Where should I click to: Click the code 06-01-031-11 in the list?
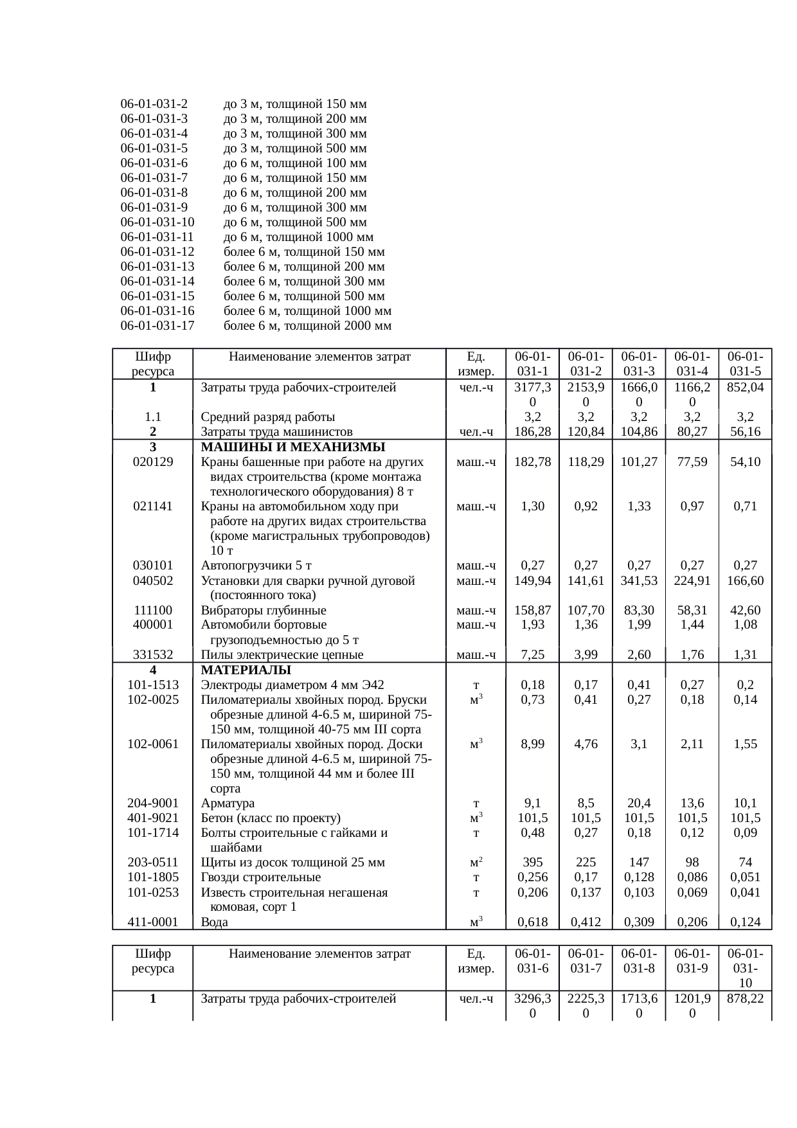point(157,237)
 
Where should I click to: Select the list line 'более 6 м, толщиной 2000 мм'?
point(307,326)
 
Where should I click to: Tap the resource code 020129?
point(152,462)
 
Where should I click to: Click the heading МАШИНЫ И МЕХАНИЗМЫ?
point(293,447)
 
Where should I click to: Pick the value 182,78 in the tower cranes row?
point(533,462)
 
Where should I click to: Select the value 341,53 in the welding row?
point(639,581)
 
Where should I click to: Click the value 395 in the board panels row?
point(533,863)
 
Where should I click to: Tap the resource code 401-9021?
point(152,818)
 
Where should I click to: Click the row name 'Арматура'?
point(228,803)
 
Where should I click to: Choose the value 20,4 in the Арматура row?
point(639,803)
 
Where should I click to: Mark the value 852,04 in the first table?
point(745,388)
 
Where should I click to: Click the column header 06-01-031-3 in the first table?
point(639,364)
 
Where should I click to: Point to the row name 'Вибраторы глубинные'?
point(264,611)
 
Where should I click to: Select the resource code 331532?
point(152,655)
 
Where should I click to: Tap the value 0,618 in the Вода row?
point(533,922)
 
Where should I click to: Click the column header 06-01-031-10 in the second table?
point(745,968)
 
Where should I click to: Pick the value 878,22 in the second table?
point(745,999)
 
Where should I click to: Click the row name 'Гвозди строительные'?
point(261,877)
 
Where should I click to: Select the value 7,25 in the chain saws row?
point(533,655)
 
